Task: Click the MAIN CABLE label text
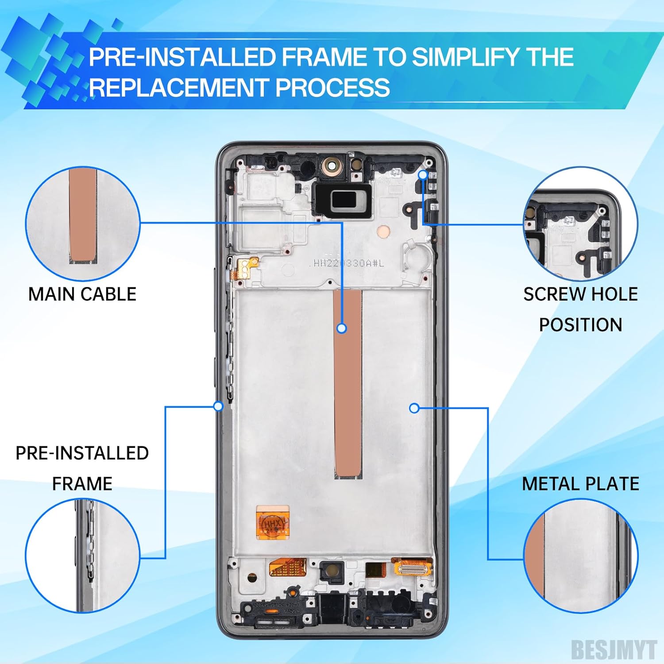pyautogui.click(x=82, y=294)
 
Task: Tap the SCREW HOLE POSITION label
pyautogui.click(x=580, y=309)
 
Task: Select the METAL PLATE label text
pyautogui.click(x=580, y=484)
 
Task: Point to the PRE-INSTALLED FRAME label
pyautogui.click(x=82, y=468)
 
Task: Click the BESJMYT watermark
pyautogui.click(x=614, y=649)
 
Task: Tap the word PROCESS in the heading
pyautogui.click(x=333, y=87)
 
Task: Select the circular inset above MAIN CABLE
pyautogui.click(x=83, y=224)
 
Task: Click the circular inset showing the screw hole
pyautogui.click(x=580, y=224)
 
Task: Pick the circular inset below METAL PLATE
pyautogui.click(x=580, y=556)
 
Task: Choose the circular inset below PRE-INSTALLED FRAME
pyautogui.click(x=83, y=556)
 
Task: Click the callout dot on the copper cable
pyautogui.click(x=341, y=328)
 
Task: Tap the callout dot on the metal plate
pyautogui.click(x=414, y=408)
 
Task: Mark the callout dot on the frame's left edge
pyautogui.click(x=218, y=406)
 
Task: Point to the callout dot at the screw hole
pyautogui.click(x=423, y=175)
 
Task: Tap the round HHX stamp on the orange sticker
pyautogui.click(x=273, y=525)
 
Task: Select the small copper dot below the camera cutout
pyautogui.click(x=383, y=231)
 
